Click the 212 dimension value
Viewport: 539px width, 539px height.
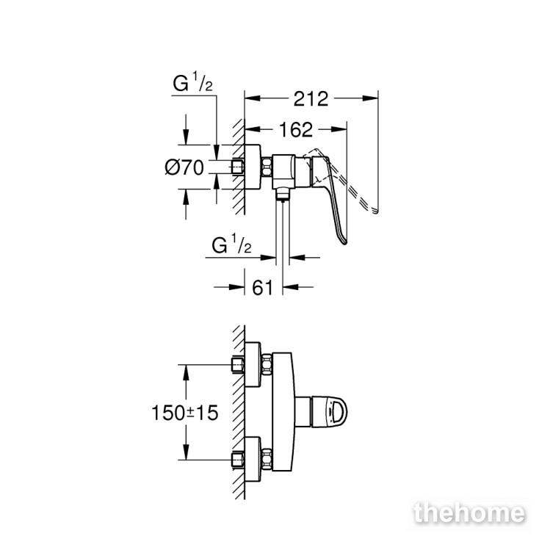311,99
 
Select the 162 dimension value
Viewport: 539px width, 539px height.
296,130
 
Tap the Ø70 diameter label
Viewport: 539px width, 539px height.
184,167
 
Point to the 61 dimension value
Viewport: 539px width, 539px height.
263,287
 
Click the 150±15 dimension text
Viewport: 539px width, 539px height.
185,413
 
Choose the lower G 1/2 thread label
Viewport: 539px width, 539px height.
232,244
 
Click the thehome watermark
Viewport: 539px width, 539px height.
469,514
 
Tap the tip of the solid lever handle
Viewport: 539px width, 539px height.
345,242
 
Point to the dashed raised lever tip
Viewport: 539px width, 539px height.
376,211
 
